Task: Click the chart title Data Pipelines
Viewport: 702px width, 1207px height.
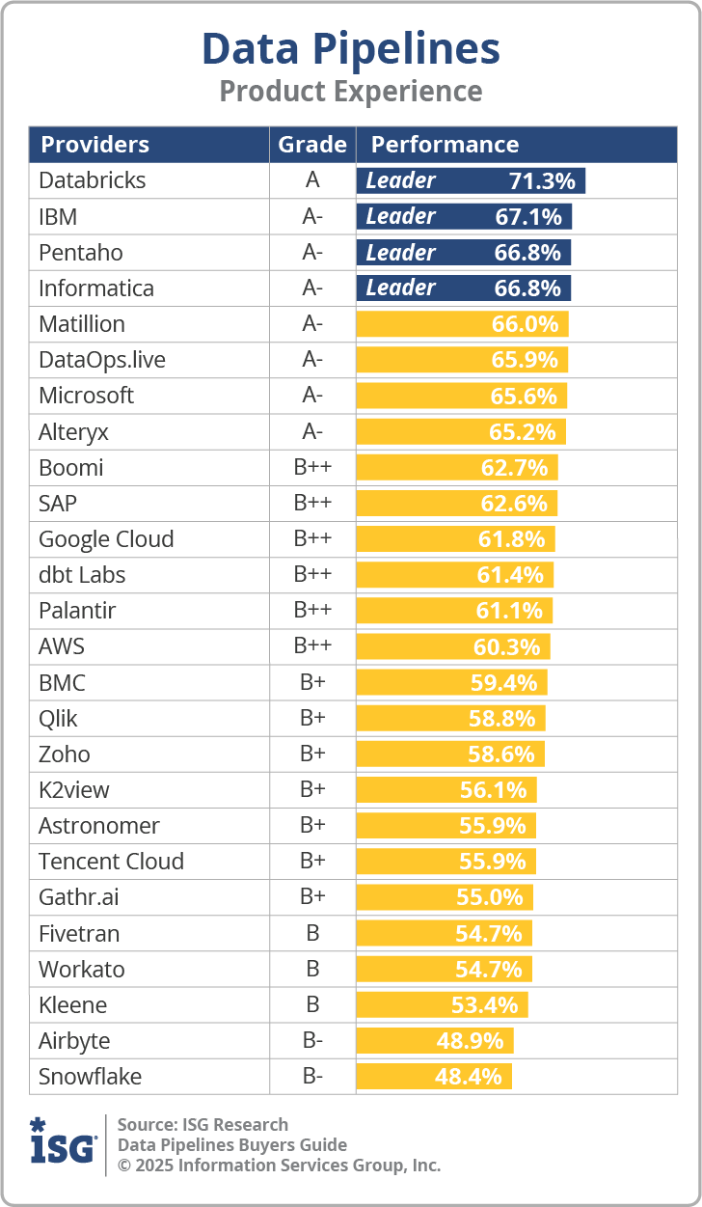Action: coord(350,48)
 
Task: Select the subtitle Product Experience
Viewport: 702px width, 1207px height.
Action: coord(350,92)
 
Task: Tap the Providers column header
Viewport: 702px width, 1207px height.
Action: coord(94,145)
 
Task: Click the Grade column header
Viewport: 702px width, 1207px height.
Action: coord(311,145)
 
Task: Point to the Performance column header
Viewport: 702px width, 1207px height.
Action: coord(445,145)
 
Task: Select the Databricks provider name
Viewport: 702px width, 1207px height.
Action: coord(93,180)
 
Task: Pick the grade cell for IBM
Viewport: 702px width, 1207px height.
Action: coord(312,216)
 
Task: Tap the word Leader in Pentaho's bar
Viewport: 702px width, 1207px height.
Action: coord(400,252)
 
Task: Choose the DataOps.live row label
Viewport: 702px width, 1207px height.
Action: coord(102,360)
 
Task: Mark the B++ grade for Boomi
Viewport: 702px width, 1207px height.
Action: coord(312,467)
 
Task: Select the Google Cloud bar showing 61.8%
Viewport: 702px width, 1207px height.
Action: coord(455,538)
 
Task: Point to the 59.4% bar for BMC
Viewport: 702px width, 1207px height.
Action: coord(451,682)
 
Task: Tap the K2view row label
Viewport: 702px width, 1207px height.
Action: coord(74,789)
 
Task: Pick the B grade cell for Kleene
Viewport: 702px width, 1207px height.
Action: coord(312,1004)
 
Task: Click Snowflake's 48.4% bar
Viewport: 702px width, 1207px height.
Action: coord(434,1076)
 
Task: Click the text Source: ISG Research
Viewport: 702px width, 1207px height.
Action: coord(202,1124)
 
